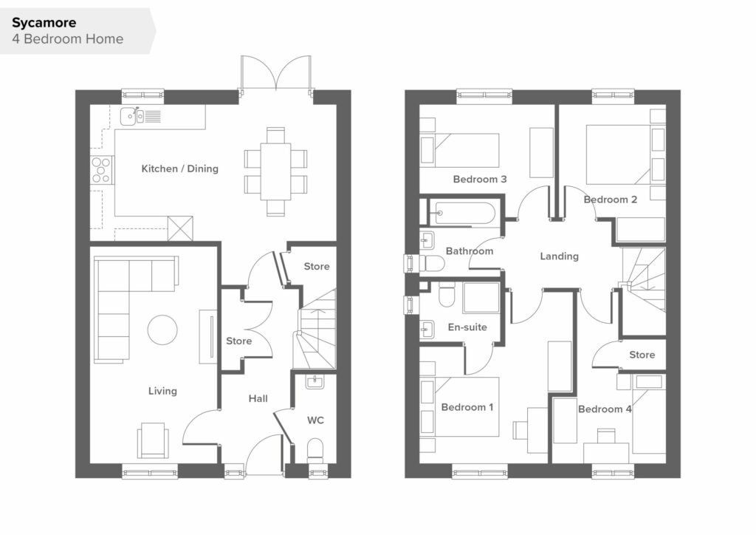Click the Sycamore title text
pyautogui.click(x=44, y=23)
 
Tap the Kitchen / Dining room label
pyautogui.click(x=180, y=168)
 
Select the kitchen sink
pyautogui.click(x=132, y=116)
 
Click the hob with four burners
pyautogui.click(x=101, y=170)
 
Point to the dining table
pyautogui.click(x=276, y=171)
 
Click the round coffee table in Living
pyautogui.click(x=162, y=330)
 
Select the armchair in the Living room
pyautogui.click(x=154, y=440)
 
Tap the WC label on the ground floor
pyautogui.click(x=315, y=420)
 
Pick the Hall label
pyautogui.click(x=258, y=398)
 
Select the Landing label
pyautogui.click(x=560, y=256)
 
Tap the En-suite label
pyautogui.click(x=467, y=327)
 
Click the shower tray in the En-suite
pyautogui.click(x=481, y=298)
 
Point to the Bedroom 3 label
pyautogui.click(x=480, y=180)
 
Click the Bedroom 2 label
pyautogui.click(x=611, y=200)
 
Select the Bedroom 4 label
pyautogui.click(x=605, y=409)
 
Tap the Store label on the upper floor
pyautogui.click(x=642, y=355)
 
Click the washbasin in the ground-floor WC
pyautogui.click(x=315, y=382)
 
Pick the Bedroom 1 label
pyautogui.click(x=467, y=407)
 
